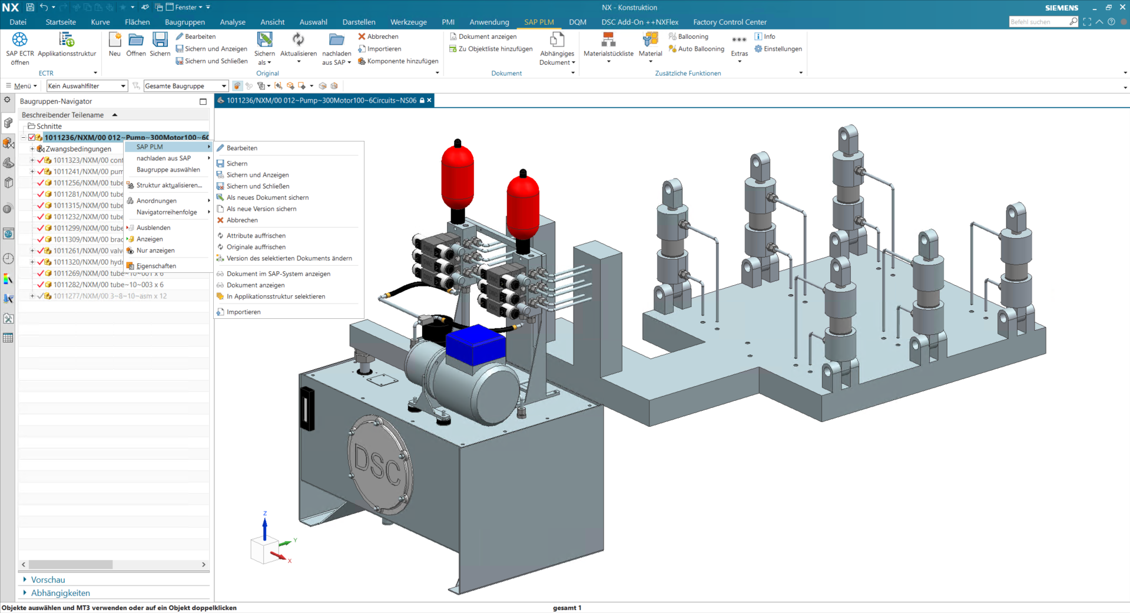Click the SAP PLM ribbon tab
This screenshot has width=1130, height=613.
coord(538,22)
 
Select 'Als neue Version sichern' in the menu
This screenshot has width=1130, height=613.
coord(261,209)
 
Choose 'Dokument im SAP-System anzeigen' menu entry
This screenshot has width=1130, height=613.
coord(278,273)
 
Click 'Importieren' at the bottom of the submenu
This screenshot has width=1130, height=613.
coord(243,312)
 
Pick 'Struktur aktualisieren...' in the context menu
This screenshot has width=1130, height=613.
coord(168,185)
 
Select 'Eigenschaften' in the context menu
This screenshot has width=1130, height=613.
coord(156,266)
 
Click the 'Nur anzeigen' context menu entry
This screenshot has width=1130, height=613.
coord(155,251)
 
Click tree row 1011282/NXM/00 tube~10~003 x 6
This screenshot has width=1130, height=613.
coord(108,285)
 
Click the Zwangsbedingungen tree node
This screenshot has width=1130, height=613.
coord(78,149)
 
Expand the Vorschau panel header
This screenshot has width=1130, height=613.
coord(48,580)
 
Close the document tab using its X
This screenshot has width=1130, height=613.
coord(429,100)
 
